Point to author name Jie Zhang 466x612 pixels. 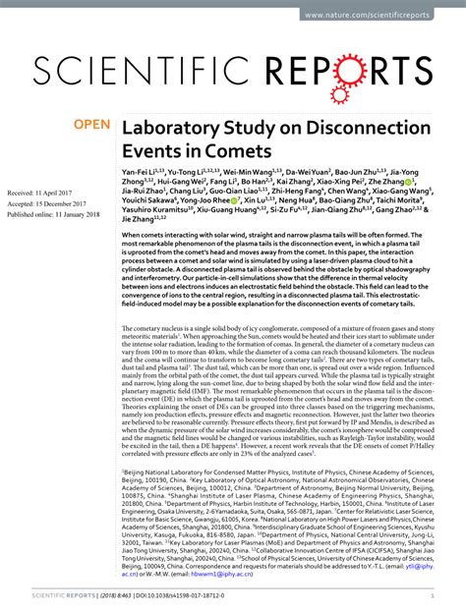[x=144, y=274]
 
